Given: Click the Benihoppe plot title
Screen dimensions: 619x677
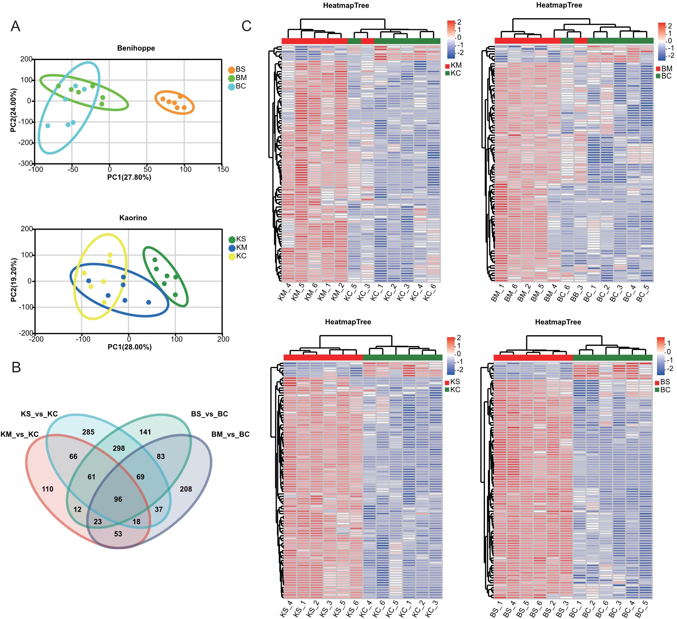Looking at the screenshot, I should click(x=136, y=48).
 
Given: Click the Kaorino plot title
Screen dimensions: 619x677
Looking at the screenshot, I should click(x=133, y=218).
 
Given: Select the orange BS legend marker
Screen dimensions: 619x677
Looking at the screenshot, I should click(x=231, y=70).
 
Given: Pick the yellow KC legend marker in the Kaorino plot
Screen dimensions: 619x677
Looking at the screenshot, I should click(x=232, y=256).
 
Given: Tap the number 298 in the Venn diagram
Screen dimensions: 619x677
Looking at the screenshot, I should click(x=119, y=448).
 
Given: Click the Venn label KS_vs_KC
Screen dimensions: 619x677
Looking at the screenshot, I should click(x=39, y=414).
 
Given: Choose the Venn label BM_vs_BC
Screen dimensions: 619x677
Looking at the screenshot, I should click(x=230, y=434).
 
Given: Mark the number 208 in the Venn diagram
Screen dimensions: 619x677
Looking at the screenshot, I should click(x=186, y=489).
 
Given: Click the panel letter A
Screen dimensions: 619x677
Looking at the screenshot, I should click(x=16, y=26).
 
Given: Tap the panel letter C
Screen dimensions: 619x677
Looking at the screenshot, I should click(x=246, y=26).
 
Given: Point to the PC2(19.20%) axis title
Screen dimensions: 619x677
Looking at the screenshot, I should click(x=14, y=280).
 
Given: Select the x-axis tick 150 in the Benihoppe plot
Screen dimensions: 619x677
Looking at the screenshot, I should click(x=223, y=169).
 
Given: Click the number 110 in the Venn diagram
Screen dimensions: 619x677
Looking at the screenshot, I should click(x=48, y=489).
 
